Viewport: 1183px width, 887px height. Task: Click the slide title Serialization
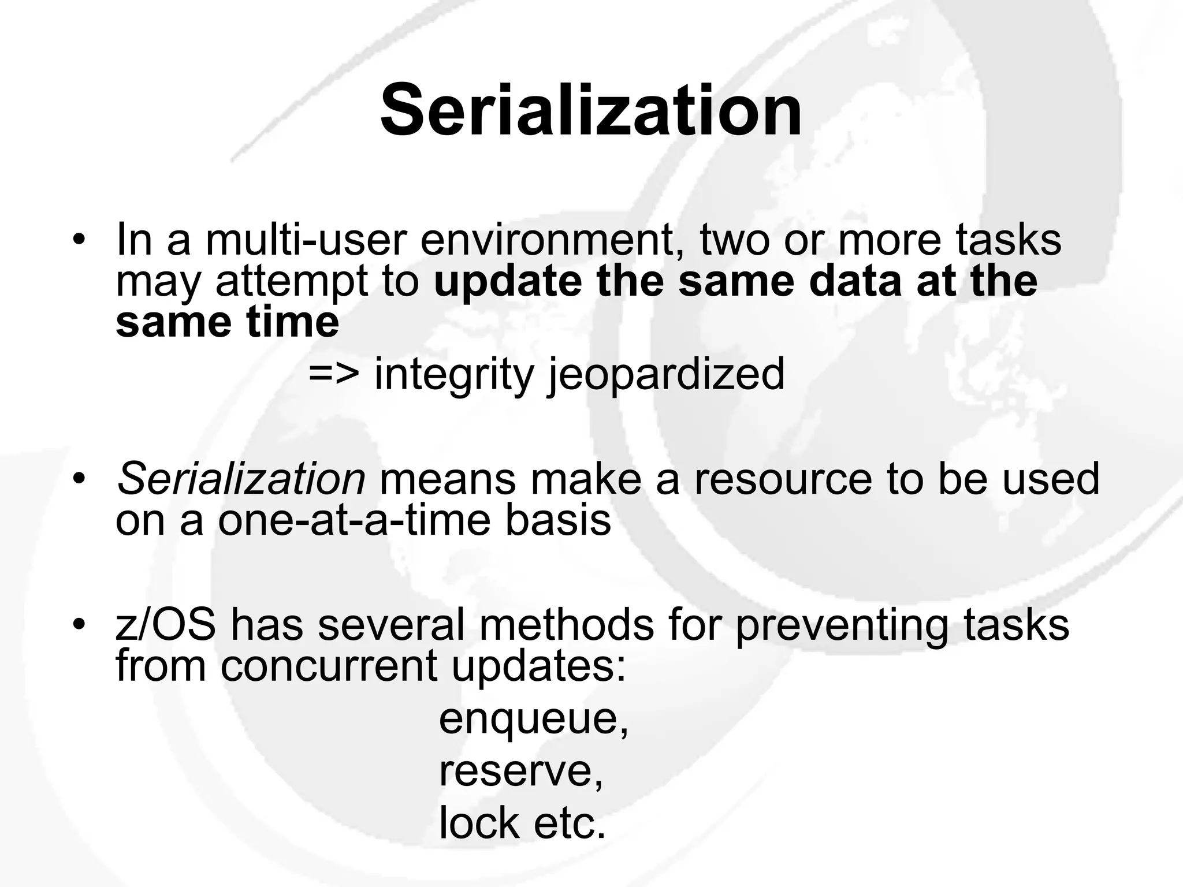coord(591,110)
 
